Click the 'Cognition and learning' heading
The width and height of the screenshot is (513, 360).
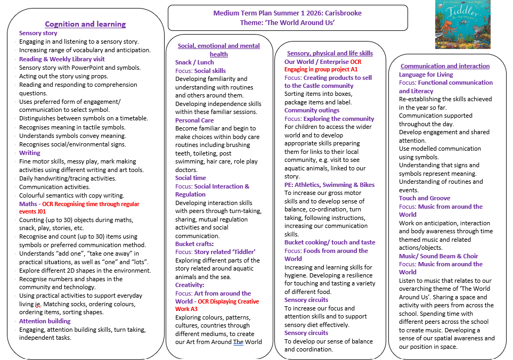(85, 24)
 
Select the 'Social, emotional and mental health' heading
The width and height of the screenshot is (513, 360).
(219, 50)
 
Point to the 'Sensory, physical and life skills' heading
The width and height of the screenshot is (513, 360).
(330, 53)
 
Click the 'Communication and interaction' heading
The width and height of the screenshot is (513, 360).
(445, 66)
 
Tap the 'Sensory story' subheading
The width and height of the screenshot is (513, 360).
(38, 33)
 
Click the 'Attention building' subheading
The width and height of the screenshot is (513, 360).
(45, 321)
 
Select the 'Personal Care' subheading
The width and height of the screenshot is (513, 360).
(194, 120)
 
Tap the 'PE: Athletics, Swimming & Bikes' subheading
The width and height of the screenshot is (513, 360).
(329, 185)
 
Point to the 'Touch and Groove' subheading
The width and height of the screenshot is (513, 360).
(425, 198)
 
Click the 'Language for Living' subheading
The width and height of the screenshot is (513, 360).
(426, 75)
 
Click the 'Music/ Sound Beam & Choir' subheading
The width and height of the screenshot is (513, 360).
(438, 256)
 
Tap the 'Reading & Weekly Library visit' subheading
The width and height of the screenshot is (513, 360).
(62, 59)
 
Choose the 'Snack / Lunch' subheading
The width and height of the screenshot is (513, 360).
(194, 62)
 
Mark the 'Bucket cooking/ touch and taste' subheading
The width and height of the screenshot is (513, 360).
(330, 242)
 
